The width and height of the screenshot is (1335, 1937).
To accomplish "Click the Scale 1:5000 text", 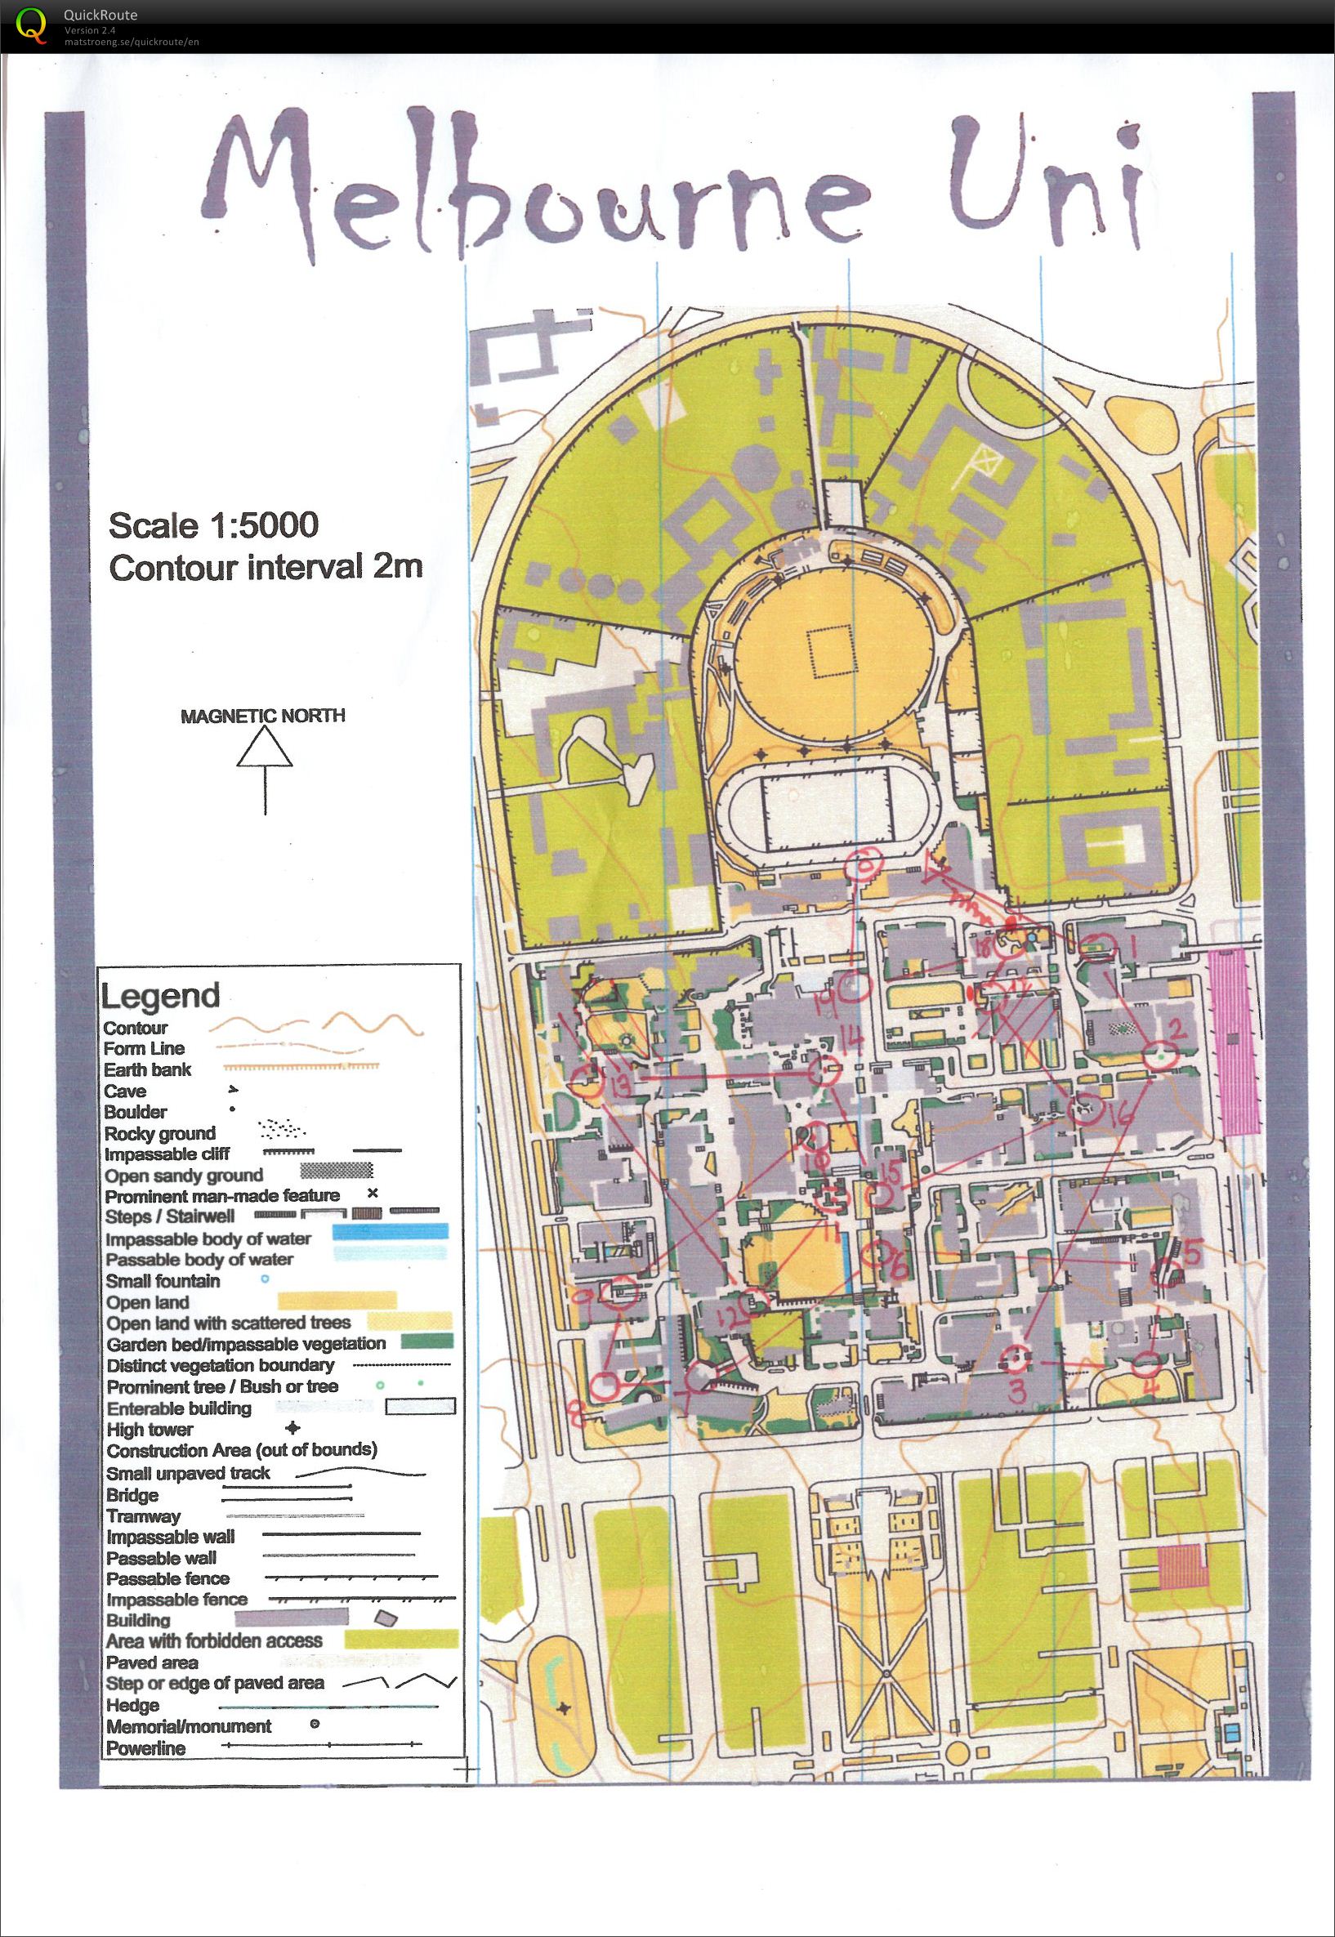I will [x=213, y=525].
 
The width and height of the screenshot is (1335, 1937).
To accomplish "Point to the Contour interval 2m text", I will [x=266, y=568].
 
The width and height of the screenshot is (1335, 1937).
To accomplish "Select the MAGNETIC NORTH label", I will [x=262, y=716].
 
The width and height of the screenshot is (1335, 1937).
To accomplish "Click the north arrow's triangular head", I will [x=265, y=747].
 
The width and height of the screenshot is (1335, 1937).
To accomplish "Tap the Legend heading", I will [x=160, y=995].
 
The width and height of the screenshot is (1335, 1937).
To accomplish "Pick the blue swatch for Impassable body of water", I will [x=391, y=1232].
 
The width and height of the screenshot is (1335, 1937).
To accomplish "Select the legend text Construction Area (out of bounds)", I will [x=242, y=1450].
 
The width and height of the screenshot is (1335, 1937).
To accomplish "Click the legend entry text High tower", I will [x=150, y=1430].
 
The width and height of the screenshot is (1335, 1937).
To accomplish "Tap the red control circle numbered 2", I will [x=1161, y=1056].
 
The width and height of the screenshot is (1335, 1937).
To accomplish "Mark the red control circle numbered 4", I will [x=1148, y=1364].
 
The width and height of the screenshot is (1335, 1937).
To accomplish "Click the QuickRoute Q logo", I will [x=33, y=25].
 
